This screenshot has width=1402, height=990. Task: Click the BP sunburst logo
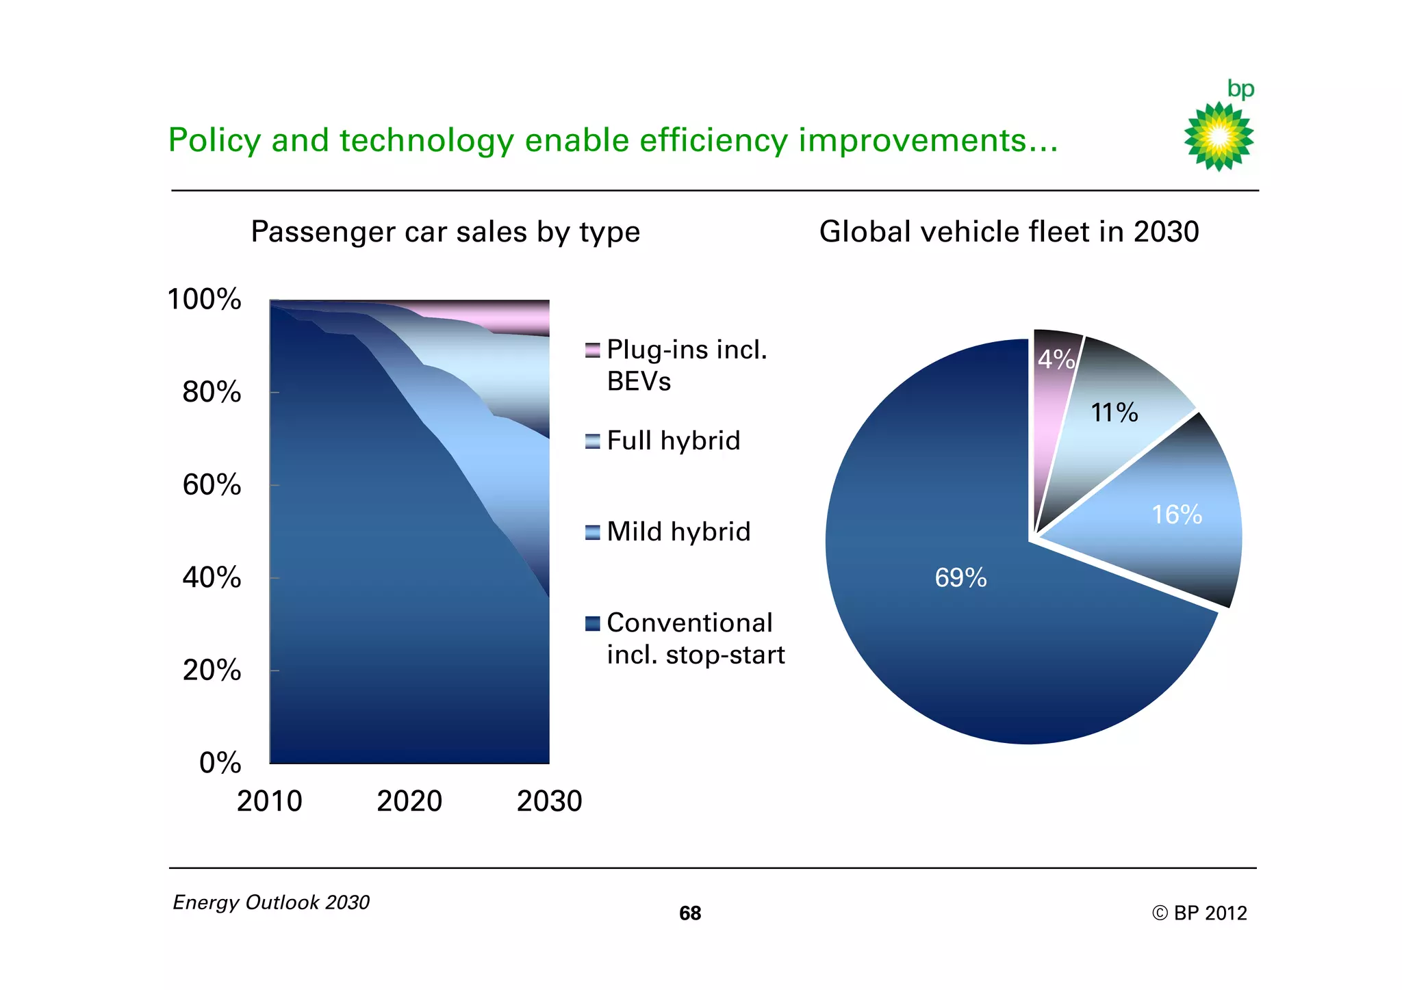coord(1219,136)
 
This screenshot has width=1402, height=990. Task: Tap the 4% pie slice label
coord(1055,359)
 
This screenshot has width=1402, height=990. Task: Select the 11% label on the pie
coord(1114,413)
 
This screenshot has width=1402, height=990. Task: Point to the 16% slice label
coord(1176,514)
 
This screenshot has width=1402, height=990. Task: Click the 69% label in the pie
coord(960,578)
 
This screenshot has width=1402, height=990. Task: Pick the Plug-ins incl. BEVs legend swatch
coord(592,350)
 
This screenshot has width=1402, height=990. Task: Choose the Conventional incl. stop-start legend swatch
coord(592,623)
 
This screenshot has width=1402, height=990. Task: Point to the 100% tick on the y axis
coord(205,300)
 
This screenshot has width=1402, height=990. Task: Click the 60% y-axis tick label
coord(212,485)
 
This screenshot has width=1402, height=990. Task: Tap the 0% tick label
coord(220,763)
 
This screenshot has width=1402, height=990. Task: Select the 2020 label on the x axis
coord(409,801)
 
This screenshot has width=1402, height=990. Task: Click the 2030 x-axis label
coord(549,801)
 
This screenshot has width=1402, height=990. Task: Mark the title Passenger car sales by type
coord(445,232)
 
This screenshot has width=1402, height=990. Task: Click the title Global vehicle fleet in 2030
coord(1008,232)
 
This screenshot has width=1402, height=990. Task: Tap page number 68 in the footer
coord(689,913)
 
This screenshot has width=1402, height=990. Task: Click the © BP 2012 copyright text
coord(1199,913)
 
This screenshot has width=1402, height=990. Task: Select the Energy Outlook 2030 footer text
coord(271,902)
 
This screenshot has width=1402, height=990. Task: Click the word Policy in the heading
coord(214,140)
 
